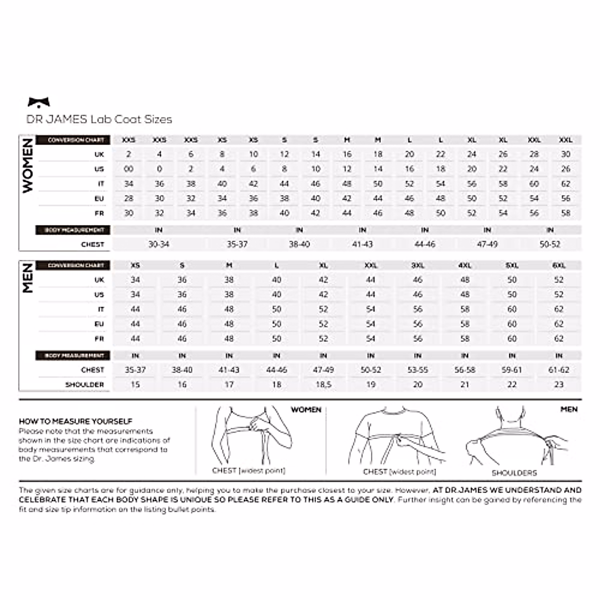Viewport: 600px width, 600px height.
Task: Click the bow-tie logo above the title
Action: [39, 102]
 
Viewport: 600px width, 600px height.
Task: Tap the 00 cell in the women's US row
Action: [128, 169]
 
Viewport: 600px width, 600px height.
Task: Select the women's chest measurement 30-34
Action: [158, 244]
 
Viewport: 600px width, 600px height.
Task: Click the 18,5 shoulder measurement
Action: [323, 384]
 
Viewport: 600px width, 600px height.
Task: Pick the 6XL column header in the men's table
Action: [558, 265]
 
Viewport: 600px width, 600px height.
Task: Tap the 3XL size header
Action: [417, 265]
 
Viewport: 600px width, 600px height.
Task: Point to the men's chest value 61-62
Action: [558, 370]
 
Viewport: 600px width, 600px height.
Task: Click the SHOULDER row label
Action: [84, 384]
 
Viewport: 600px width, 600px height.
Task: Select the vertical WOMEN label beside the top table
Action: [27, 165]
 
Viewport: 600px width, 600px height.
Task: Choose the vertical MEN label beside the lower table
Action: [27, 278]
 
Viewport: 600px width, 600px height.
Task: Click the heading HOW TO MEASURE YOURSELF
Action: [75, 421]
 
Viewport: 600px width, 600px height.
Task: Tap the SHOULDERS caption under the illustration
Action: [514, 472]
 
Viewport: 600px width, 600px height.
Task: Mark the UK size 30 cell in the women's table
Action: [565, 154]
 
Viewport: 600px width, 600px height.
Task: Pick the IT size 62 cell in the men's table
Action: [558, 309]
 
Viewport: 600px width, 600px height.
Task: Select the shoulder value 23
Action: [558, 384]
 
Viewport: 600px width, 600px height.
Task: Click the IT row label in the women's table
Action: [100, 184]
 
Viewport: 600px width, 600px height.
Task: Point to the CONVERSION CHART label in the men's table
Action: [76, 265]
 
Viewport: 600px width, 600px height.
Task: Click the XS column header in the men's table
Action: [135, 265]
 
